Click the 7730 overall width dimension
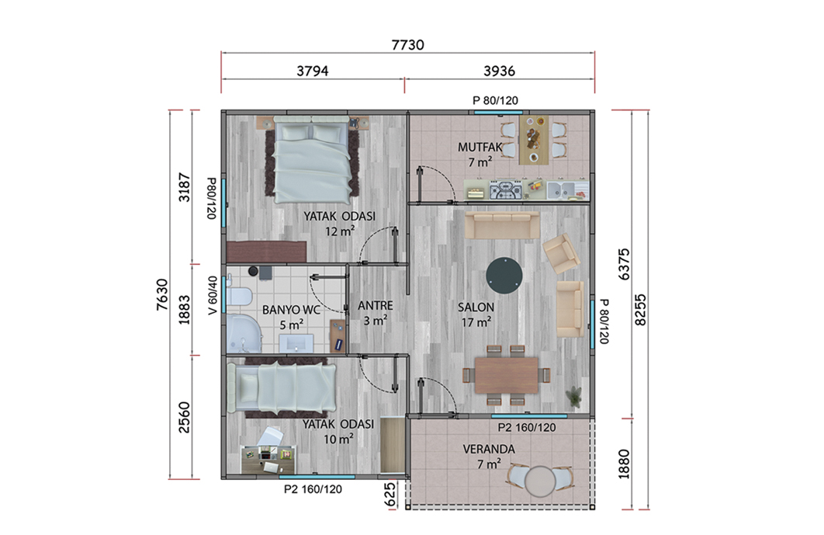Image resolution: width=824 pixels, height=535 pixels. point(408,45)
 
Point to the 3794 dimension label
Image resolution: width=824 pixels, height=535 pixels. point(313,71)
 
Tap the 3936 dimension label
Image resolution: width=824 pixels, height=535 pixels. point(499,71)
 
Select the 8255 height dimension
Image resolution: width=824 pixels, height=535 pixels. point(640,310)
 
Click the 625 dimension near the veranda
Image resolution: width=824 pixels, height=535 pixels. point(390,495)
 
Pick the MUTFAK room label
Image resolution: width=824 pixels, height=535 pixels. point(480,148)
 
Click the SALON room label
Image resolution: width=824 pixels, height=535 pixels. point(476,307)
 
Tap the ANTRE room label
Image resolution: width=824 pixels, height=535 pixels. point(376,306)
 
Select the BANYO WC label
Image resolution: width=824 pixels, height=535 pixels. point(291,310)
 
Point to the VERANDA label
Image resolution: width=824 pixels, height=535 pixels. point(489,450)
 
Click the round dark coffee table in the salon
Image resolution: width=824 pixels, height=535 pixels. point(504,275)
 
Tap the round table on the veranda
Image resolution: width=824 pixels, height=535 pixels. point(541,481)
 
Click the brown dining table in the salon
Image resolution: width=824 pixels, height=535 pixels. point(507,375)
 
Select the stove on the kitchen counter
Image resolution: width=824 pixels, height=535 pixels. point(506,190)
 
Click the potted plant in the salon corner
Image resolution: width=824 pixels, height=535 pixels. point(575,396)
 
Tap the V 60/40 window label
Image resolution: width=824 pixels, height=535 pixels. point(213,296)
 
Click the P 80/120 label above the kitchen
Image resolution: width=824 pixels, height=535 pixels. point(495,100)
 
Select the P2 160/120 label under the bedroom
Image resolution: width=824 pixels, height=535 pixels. point(313,489)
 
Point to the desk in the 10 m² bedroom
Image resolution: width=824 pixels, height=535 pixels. point(268,459)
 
